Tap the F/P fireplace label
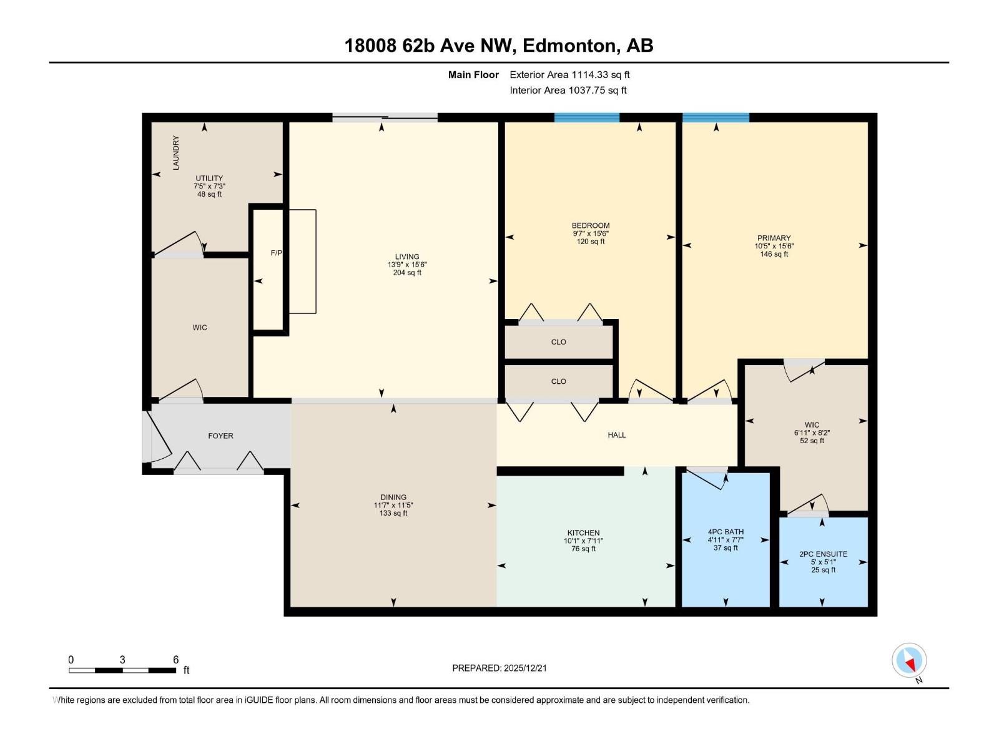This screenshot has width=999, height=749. tap(276, 253)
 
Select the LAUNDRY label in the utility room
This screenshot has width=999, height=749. tap(176, 152)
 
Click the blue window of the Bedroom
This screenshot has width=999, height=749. tap(586, 117)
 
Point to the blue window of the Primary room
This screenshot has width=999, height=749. tap(716, 117)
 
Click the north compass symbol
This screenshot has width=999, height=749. tap(909, 660)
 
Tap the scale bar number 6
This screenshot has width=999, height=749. tap(176, 660)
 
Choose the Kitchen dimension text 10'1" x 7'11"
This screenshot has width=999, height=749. tap(583, 541)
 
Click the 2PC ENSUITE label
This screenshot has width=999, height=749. tap(823, 554)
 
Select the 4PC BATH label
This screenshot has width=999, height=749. tap(726, 532)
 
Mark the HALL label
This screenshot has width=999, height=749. tap(616, 435)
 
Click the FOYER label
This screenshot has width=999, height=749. tap(220, 436)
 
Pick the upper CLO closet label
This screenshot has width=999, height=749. tap(558, 342)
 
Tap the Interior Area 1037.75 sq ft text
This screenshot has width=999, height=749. tap(568, 91)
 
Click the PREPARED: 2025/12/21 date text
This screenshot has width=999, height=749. tap(499, 668)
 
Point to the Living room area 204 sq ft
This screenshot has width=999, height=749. tap(407, 273)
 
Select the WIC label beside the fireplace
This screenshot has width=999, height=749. tap(200, 328)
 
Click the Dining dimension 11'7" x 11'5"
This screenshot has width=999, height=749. tap(393, 506)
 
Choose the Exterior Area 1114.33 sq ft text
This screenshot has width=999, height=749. tap(569, 75)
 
